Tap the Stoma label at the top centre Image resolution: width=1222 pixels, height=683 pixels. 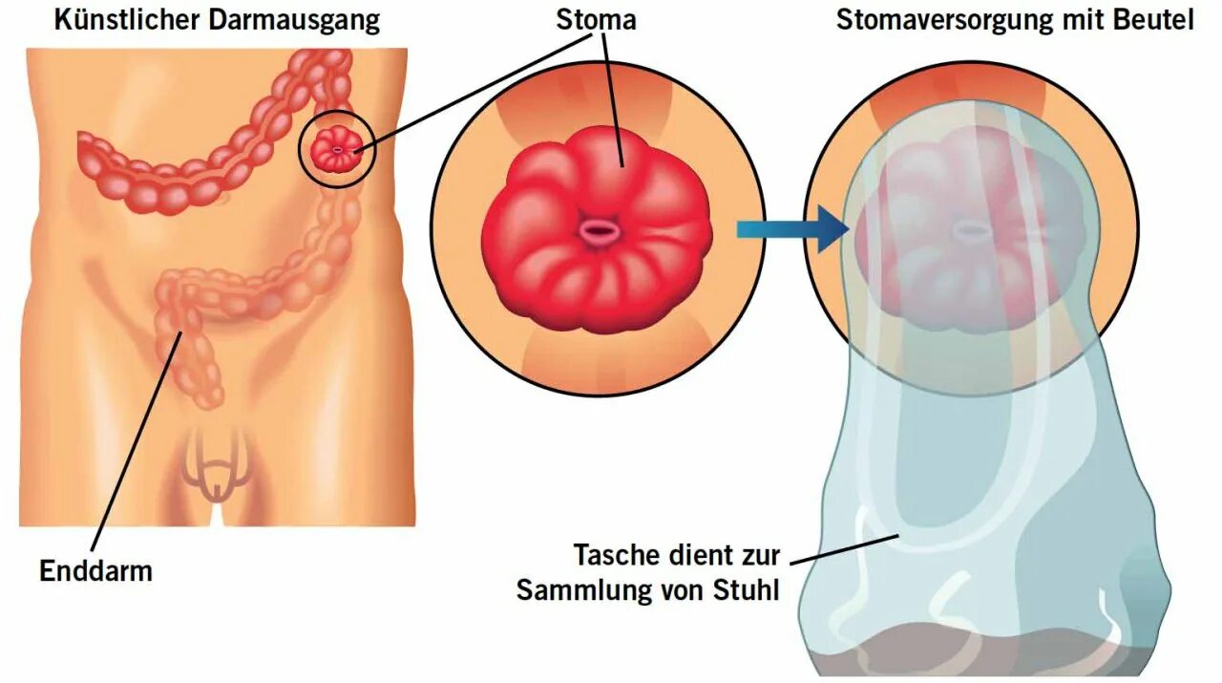coord(596,20)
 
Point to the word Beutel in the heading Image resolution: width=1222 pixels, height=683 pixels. coord(1154,20)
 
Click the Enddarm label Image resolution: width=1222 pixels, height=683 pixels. coord(95,571)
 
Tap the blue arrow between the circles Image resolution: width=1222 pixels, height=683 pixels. coord(792,230)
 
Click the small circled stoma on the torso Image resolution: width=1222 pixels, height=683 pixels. coord(335,149)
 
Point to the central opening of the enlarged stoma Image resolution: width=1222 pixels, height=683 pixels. coord(599,230)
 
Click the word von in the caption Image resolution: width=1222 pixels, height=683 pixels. coord(679,590)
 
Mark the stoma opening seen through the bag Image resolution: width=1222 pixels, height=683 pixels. coord(972,230)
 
